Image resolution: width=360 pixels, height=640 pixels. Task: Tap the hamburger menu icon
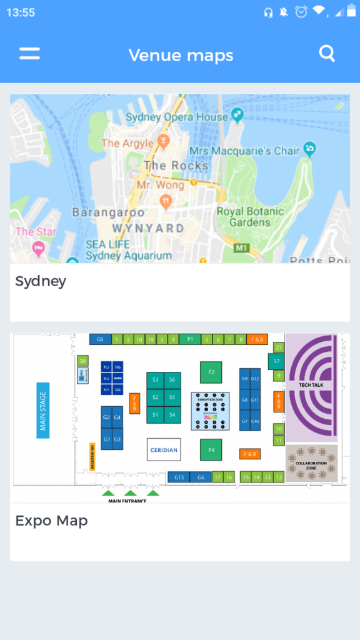[29, 54]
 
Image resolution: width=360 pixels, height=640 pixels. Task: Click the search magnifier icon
[327, 54]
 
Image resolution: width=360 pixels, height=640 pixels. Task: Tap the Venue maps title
[181, 55]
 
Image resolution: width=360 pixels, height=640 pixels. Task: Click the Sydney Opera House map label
[177, 117]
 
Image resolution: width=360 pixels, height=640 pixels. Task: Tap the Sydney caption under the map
[41, 281]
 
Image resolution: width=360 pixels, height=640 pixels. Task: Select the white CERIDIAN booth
[163, 449]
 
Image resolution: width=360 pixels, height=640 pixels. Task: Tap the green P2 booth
[211, 372]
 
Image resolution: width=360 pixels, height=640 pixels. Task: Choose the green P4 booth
[211, 449]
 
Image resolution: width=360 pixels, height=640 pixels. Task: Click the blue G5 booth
[100, 339]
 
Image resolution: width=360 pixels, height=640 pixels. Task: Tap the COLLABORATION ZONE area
[311, 464]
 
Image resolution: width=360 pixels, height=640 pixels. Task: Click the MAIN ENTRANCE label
[127, 501]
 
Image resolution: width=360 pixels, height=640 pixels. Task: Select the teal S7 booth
[276, 361]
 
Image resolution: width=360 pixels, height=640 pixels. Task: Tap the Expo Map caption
[51, 521]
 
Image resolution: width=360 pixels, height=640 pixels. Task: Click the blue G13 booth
[179, 477]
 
